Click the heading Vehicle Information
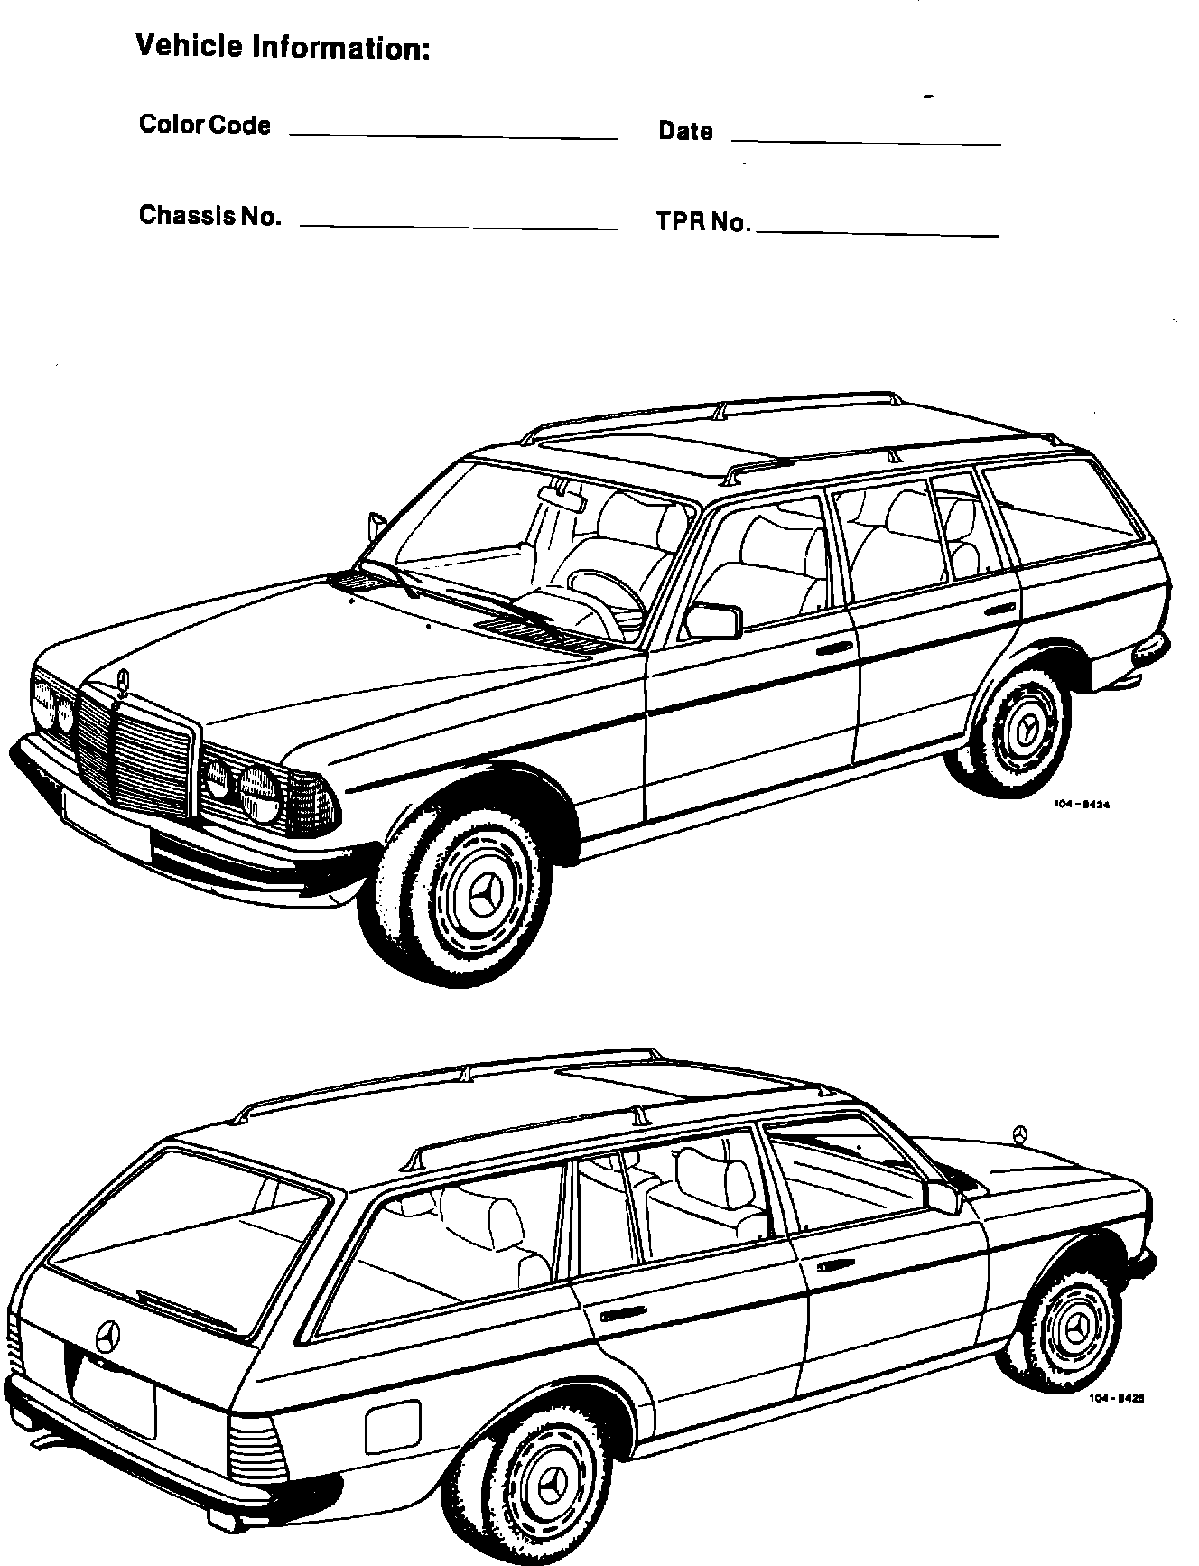[x=282, y=46]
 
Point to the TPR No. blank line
[x=878, y=234]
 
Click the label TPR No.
[x=703, y=222]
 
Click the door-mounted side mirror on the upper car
[x=713, y=620]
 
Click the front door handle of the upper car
[x=836, y=650]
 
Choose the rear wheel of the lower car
[x=547, y=1486]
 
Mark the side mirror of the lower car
[x=943, y=1198]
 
